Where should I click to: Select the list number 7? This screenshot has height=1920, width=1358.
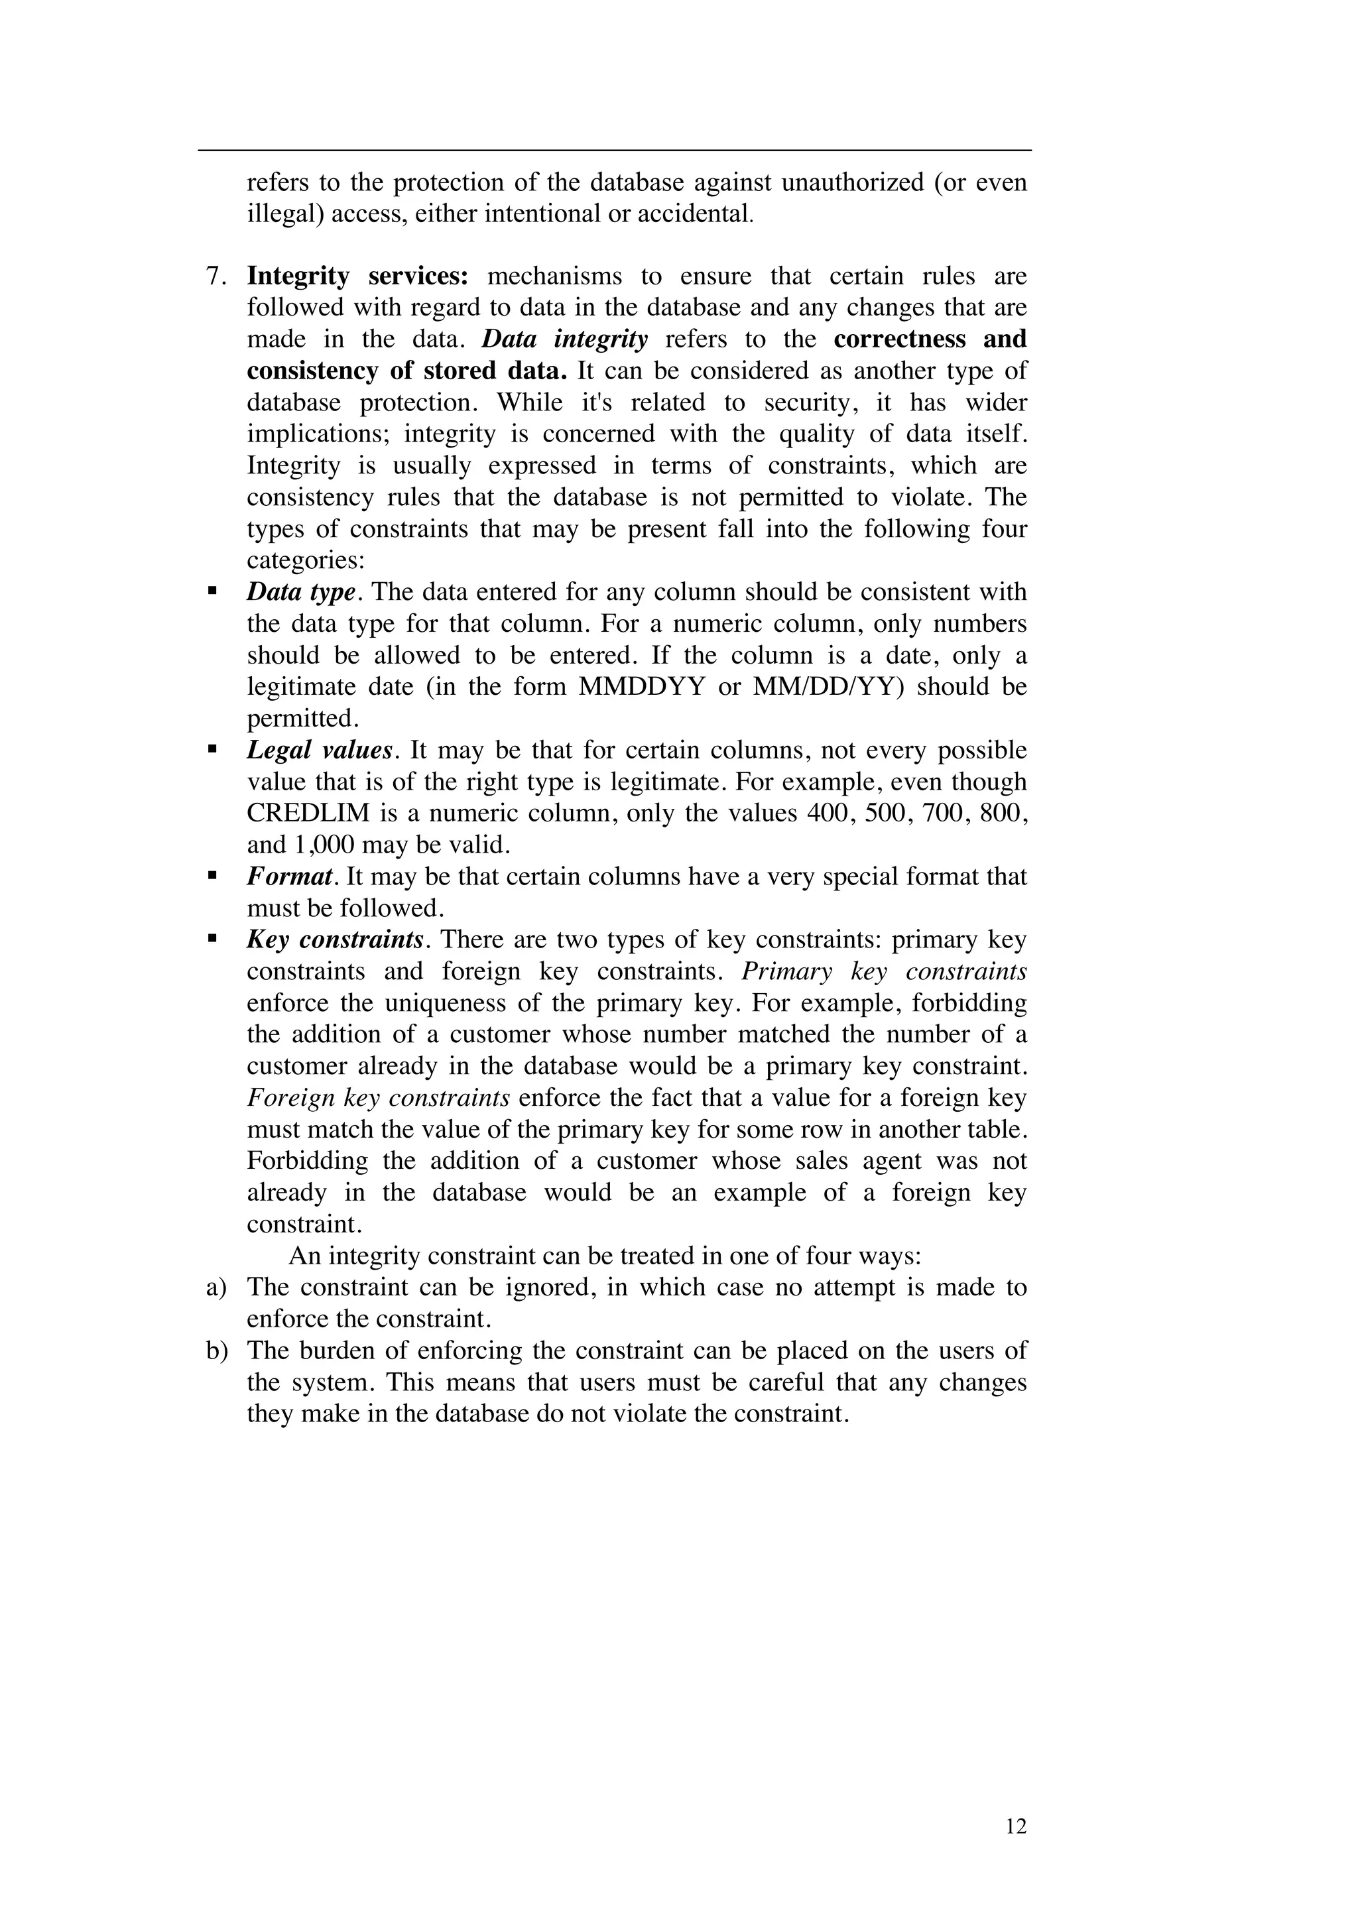(x=217, y=276)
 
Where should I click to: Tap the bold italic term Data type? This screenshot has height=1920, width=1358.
(x=301, y=592)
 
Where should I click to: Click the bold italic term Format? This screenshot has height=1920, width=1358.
(x=290, y=876)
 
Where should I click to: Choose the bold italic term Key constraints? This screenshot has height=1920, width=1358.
(x=334, y=940)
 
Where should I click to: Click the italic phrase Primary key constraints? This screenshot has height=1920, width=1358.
(x=884, y=972)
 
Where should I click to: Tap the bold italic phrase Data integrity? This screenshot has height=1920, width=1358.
(x=564, y=339)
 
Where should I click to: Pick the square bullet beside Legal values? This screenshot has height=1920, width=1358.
(x=212, y=749)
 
